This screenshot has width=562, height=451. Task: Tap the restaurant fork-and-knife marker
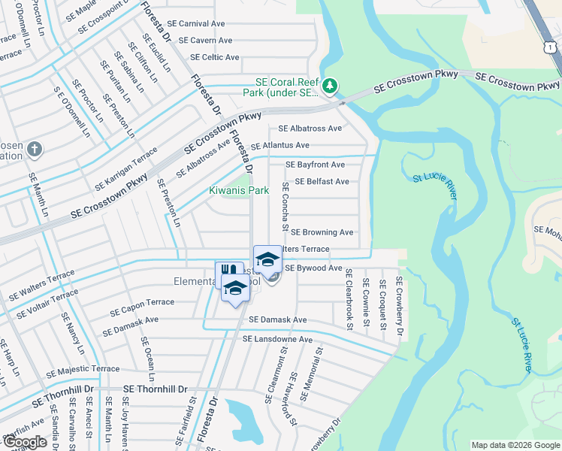pyautogui.click(x=229, y=271)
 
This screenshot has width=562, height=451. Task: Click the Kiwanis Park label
pyautogui.click(x=239, y=191)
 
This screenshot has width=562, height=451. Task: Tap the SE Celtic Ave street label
pyautogui.click(x=215, y=57)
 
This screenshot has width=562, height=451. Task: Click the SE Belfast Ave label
pyautogui.click(x=322, y=181)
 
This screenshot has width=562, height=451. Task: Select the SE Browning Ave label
pyautogui.click(x=322, y=233)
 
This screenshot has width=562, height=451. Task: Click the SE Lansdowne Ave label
pyautogui.click(x=277, y=340)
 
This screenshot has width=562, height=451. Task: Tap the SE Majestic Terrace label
pyautogui.click(x=83, y=370)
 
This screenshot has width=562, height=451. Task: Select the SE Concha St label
pyautogui.click(x=286, y=206)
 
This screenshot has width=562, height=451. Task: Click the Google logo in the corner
pyautogui.click(x=24, y=442)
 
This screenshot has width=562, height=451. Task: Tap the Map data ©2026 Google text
pyautogui.click(x=515, y=446)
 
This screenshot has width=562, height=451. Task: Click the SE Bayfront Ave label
pyautogui.click(x=315, y=165)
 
